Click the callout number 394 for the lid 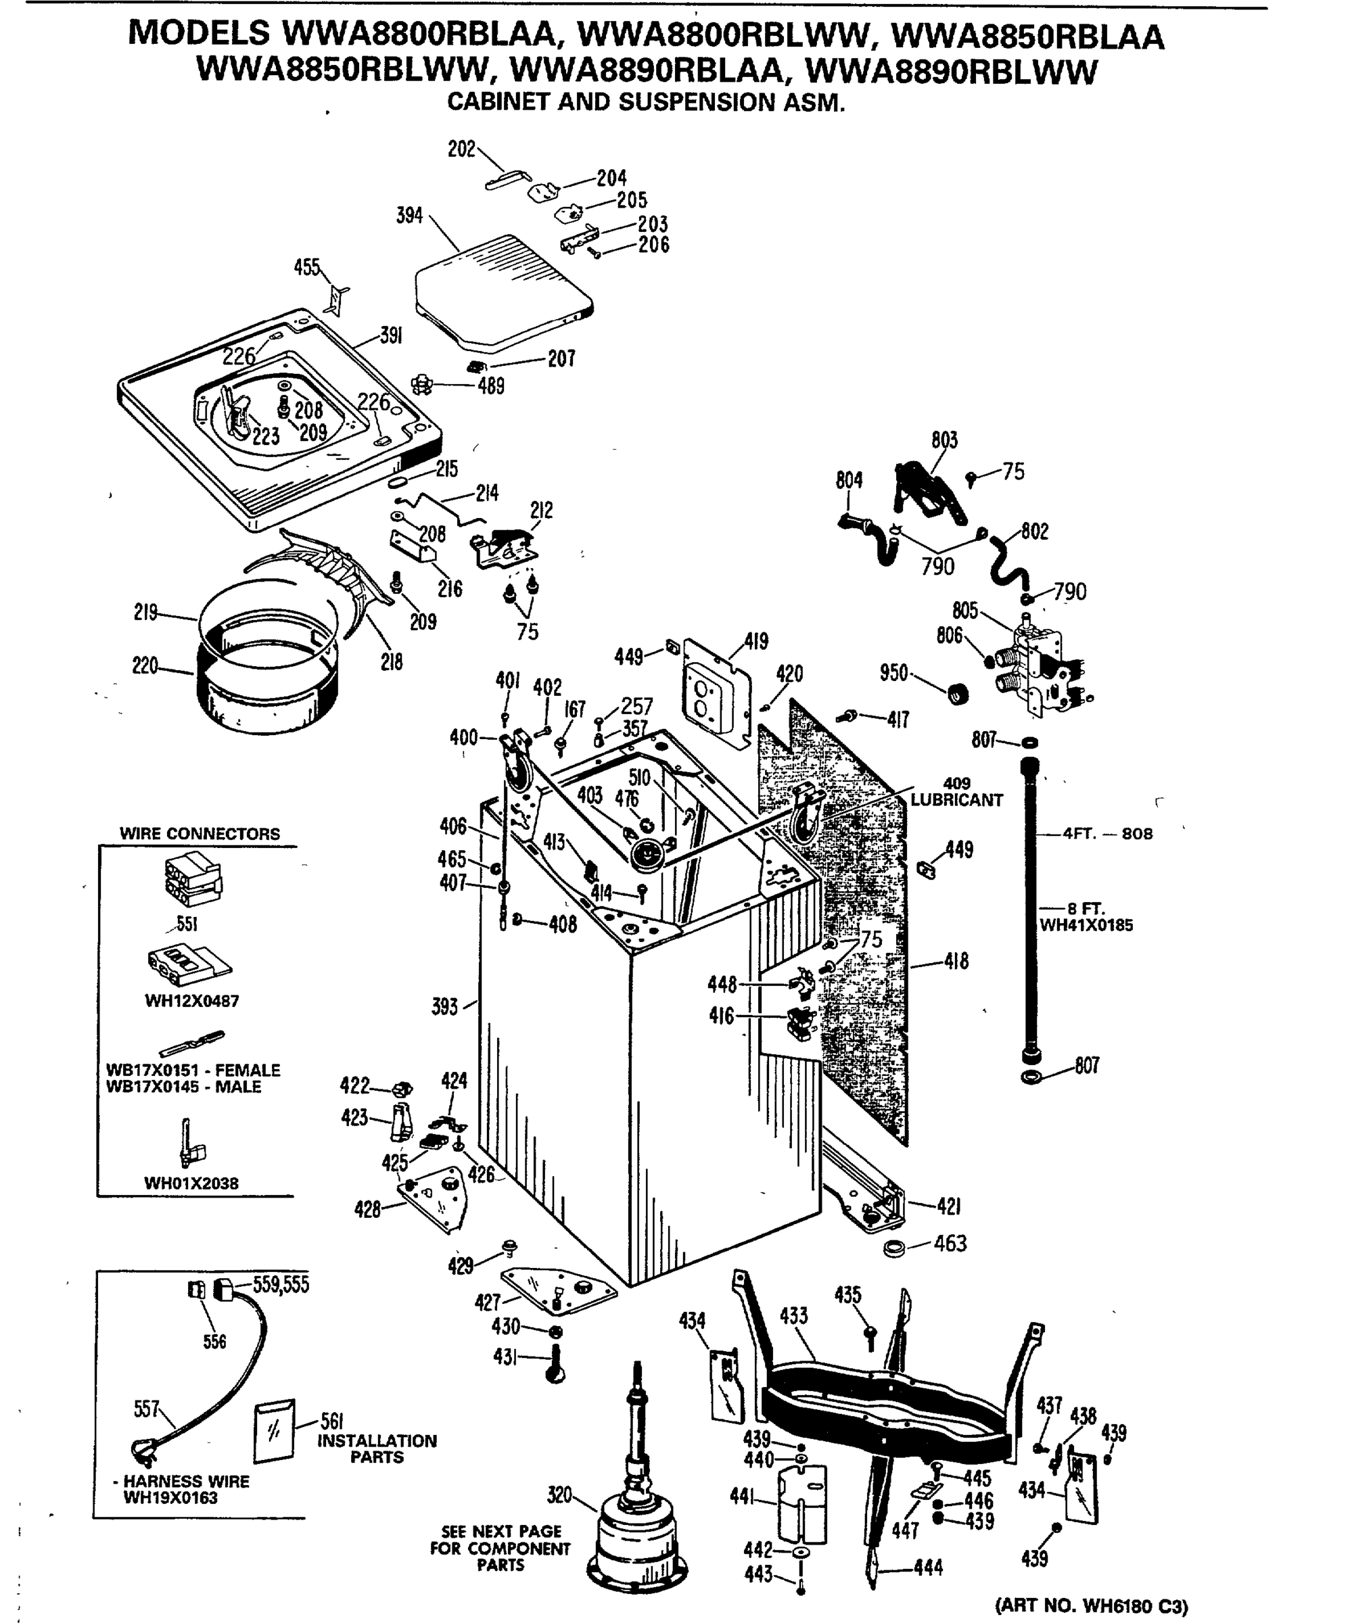tap(409, 216)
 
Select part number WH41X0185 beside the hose tap(1086, 925)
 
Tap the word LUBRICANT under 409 tap(956, 800)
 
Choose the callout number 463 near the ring tap(950, 1244)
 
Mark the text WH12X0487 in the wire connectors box tap(192, 1001)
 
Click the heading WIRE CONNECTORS tap(200, 834)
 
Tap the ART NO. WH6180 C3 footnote tap(1091, 1605)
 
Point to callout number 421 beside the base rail tap(948, 1206)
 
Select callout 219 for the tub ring tap(145, 613)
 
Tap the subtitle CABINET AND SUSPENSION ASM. tap(646, 102)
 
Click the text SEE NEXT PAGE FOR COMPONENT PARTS tap(501, 1548)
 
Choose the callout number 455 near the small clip tap(306, 267)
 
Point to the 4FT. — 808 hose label tap(1107, 834)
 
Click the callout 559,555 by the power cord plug tap(281, 1284)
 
